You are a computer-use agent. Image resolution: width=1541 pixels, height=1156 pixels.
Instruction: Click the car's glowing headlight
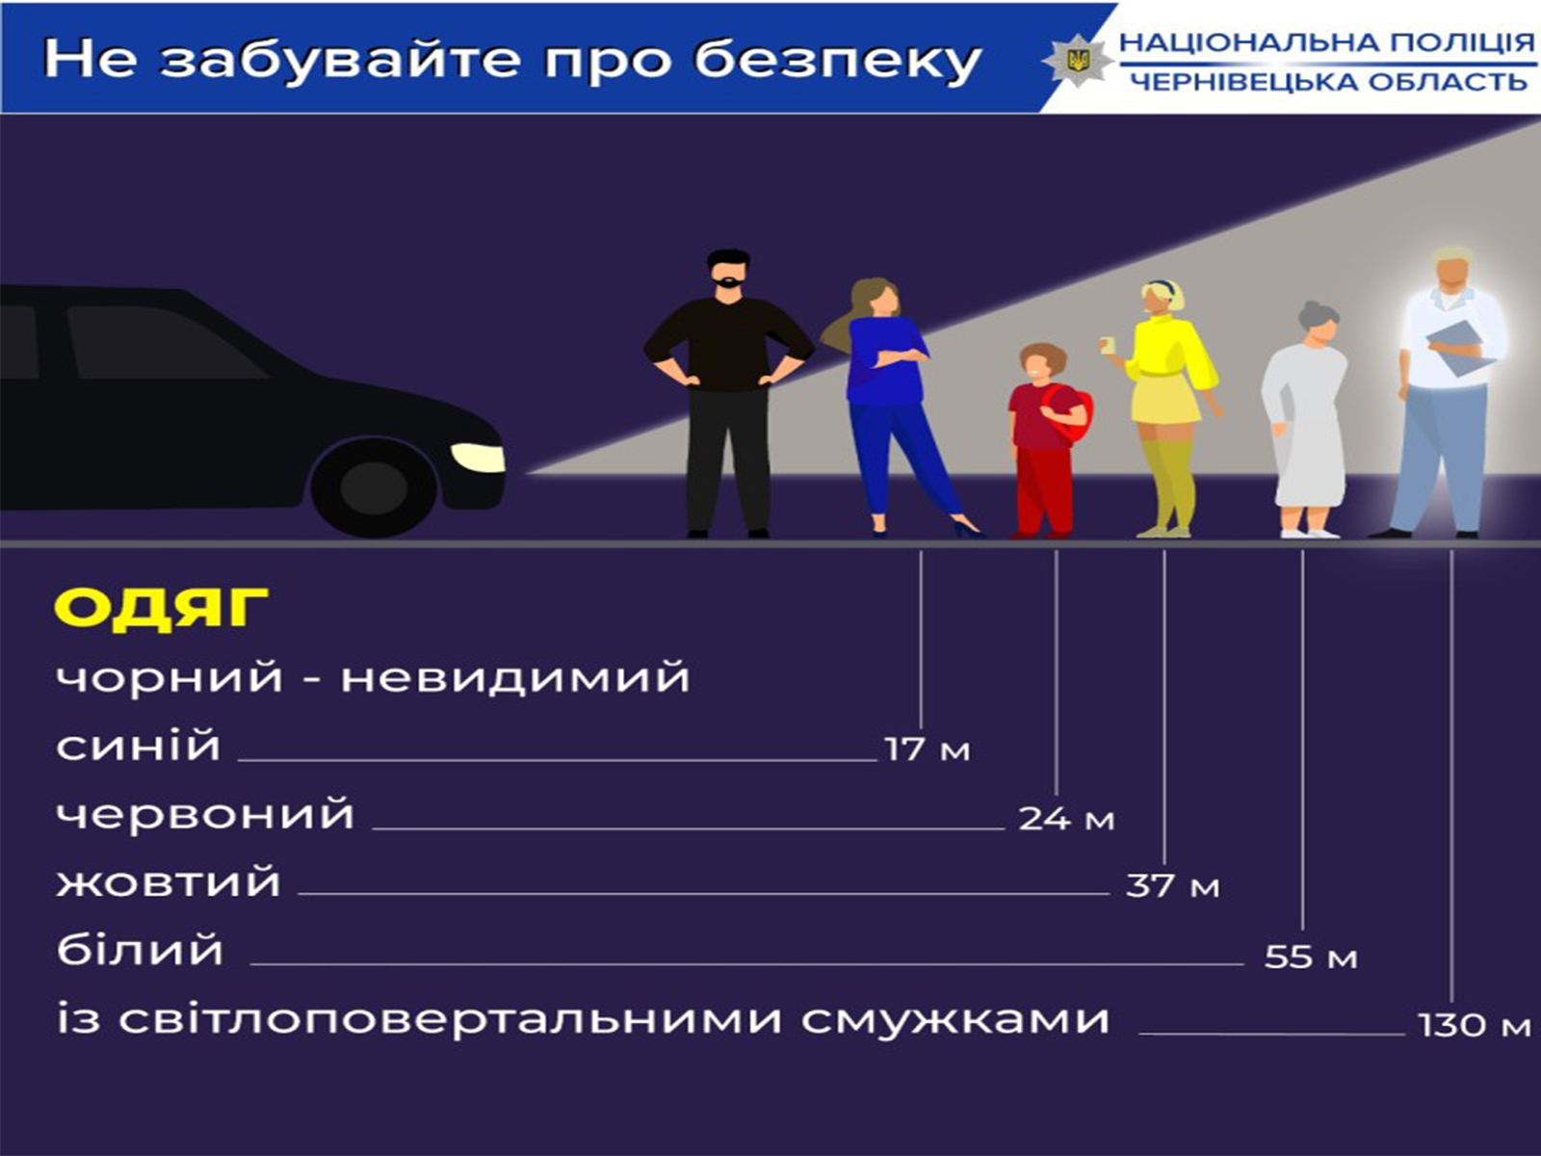coord(478,457)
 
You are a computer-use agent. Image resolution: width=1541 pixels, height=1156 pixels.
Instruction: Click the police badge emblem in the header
coord(1077,60)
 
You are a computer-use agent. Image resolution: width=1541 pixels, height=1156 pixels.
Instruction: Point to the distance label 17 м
coord(927,749)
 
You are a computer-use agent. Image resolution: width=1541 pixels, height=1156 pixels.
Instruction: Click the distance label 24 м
coord(1066,819)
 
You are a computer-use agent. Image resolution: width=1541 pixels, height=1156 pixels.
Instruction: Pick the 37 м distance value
coord(1173,885)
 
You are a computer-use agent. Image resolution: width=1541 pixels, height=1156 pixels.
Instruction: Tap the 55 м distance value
coord(1311,957)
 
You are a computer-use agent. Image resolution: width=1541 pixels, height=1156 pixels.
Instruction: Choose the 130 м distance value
coord(1475,1025)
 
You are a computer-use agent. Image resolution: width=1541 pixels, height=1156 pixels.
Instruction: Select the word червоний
coord(205,814)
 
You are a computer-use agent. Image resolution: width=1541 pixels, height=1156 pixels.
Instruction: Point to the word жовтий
coord(169,882)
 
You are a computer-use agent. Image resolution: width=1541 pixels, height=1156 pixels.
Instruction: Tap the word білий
coord(140,950)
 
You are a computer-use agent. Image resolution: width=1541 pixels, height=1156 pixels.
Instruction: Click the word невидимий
coord(515,677)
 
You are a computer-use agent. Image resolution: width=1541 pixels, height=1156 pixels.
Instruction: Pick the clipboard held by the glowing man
coord(1462,349)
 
